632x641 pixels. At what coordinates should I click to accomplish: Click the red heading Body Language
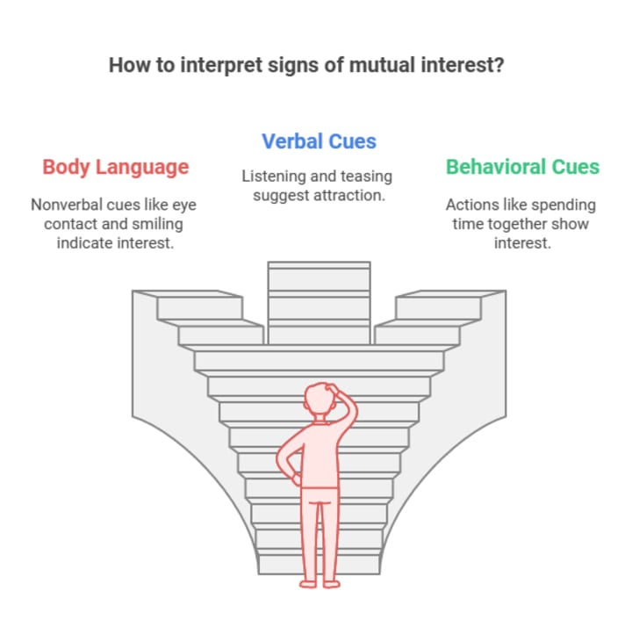[115, 167]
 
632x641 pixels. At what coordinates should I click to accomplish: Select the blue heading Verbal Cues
[319, 140]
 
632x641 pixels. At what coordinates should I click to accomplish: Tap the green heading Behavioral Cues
[522, 167]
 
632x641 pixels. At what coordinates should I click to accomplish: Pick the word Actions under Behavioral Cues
[471, 205]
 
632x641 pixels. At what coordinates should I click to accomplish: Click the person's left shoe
[307, 580]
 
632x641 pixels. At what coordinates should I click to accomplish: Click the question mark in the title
[499, 66]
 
